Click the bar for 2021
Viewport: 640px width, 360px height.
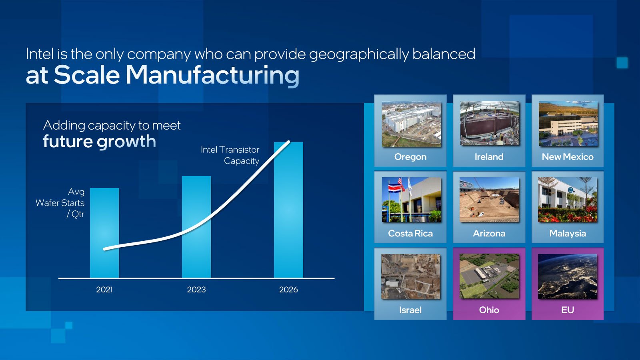(104, 233)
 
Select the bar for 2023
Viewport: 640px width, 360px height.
(196, 227)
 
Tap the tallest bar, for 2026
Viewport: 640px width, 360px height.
(288, 210)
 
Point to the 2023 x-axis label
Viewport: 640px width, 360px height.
(196, 290)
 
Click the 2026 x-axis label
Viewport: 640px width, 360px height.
(288, 290)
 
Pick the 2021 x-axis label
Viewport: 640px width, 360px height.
(104, 290)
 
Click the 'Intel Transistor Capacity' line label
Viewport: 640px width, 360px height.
(230, 155)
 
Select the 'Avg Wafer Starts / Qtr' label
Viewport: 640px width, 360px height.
(60, 203)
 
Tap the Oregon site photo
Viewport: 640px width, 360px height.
(412, 124)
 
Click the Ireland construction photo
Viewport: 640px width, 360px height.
(490, 124)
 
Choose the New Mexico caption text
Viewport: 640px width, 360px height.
(568, 157)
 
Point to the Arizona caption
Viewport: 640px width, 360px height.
(489, 234)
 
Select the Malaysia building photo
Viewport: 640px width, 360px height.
(568, 200)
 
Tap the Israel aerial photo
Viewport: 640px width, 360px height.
(411, 276)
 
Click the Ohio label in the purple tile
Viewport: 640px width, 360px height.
(489, 310)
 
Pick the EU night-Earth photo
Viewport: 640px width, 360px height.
(568, 276)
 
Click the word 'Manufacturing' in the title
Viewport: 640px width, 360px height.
(212, 75)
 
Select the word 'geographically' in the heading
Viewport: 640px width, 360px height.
(359, 54)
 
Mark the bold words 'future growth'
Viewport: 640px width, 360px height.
(100, 142)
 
